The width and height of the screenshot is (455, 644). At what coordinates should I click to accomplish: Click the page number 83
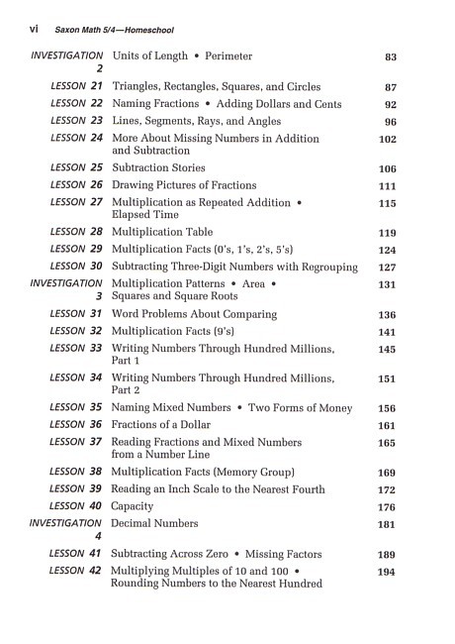point(390,57)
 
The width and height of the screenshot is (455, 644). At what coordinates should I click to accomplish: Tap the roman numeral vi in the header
point(26,31)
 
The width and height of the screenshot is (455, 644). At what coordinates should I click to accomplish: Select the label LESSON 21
point(76,87)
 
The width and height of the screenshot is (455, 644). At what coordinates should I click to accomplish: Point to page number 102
point(387,140)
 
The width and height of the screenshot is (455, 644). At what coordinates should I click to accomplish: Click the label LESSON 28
point(76,232)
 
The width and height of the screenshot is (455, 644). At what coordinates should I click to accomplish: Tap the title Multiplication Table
point(170,233)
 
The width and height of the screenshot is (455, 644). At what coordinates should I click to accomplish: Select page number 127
point(387,267)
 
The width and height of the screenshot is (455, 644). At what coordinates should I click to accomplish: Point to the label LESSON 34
point(76,377)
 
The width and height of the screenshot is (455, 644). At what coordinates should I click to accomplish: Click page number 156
point(387,408)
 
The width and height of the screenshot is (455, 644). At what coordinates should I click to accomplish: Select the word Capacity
point(137,506)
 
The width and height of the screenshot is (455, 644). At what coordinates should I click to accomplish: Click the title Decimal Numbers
point(154,523)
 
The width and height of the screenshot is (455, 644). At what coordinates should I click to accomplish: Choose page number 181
point(387,524)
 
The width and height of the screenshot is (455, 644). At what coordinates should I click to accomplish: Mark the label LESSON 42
point(76,571)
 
